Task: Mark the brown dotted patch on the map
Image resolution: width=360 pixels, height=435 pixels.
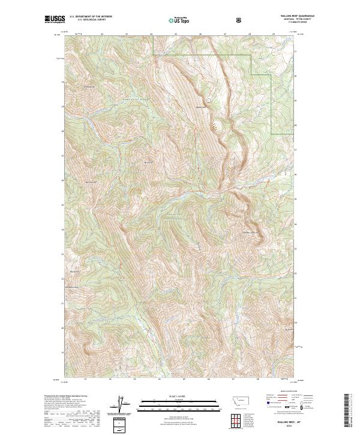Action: click(215, 127)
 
